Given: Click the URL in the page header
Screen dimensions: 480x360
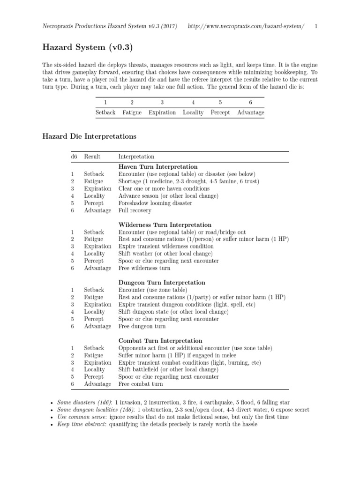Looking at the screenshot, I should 246,26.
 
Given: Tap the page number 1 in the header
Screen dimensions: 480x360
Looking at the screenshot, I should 316,26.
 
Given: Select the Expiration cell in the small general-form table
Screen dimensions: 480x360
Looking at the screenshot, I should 162,112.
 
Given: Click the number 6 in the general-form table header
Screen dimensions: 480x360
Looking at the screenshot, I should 250,102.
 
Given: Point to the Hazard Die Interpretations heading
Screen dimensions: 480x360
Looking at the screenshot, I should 90,136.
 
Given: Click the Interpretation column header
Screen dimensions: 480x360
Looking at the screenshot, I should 136,157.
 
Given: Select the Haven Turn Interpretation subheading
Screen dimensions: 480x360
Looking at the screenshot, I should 158,167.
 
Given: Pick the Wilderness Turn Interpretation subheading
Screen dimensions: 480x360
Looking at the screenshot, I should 165,225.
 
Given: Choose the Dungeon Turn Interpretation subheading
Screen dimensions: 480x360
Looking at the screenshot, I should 162,283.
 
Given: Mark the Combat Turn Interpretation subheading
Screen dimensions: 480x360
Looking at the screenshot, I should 160,341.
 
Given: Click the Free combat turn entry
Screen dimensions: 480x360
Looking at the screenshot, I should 141,384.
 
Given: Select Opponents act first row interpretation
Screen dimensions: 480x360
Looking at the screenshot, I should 195,348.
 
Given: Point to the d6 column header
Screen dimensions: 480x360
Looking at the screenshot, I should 74,157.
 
